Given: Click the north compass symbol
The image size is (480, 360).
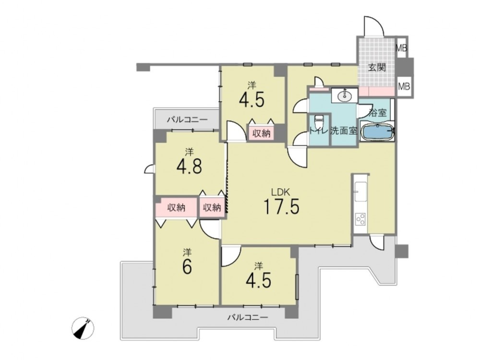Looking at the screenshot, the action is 83,328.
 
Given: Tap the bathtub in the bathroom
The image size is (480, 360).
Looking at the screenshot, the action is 377,131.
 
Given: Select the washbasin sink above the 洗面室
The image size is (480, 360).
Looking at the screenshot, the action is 344,96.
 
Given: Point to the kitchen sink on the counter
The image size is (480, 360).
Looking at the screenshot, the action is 360,192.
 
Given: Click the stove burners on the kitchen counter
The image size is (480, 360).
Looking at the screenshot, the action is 360,219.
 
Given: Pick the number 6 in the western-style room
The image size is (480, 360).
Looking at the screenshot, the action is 187,267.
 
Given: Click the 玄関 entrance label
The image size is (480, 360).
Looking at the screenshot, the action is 376,67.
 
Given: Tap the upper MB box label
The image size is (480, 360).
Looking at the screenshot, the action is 401,48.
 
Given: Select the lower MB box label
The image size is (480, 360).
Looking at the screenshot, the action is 404,86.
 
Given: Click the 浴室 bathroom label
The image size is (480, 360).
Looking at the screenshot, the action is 377,112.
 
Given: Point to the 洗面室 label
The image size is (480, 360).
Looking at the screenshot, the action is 344,131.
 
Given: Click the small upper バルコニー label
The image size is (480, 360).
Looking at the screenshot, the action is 187,120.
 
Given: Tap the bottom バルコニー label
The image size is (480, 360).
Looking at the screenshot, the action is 247,317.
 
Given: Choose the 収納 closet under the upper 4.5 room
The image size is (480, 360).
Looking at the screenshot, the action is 262,133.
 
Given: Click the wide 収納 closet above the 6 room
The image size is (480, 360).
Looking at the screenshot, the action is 177,207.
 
